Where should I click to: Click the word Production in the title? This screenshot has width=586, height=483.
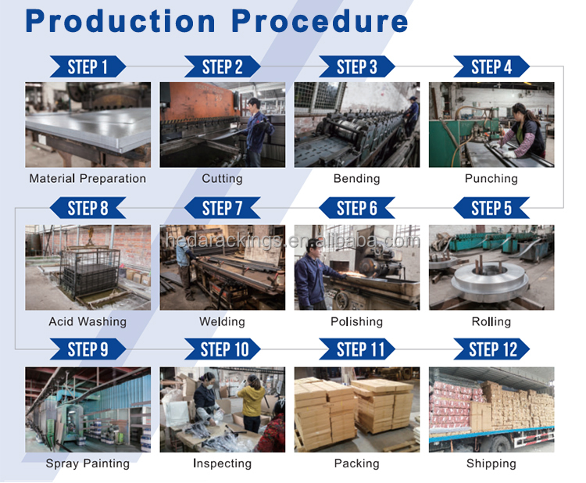pos(120,22)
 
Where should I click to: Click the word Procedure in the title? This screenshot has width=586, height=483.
pos(320,22)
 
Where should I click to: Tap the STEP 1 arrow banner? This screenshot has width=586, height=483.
pos(88,66)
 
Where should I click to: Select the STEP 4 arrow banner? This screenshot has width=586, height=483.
pos(491,66)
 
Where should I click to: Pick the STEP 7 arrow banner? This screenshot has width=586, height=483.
pos(223,208)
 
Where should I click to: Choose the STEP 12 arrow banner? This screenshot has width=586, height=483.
pos(491,349)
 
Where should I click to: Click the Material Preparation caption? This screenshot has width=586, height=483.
pos(88,179)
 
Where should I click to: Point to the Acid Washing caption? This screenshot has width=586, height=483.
pos(88,321)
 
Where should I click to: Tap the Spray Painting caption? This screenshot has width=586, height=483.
pos(88,463)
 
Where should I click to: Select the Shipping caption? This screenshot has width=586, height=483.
pos(491,463)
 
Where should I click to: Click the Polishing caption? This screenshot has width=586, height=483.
pos(357,321)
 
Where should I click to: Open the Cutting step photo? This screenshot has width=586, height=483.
pos(223,124)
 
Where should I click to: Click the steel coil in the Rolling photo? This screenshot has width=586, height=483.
pos(491,278)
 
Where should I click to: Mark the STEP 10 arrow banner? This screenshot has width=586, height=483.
pos(223,349)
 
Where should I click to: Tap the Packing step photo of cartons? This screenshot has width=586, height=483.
pos(357,410)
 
